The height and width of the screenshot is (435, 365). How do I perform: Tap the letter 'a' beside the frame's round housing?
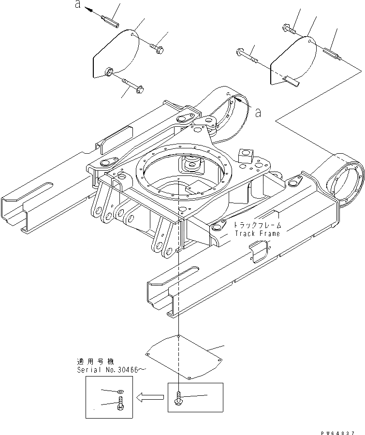pos(258,113)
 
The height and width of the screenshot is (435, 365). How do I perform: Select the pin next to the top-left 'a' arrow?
pos(112,22)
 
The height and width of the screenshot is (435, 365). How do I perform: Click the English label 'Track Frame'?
pos(257,233)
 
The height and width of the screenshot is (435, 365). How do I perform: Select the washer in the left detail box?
pos(120,391)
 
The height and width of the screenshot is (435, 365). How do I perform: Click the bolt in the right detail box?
pos(179,399)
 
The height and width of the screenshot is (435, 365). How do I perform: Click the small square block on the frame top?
pos(246,155)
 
